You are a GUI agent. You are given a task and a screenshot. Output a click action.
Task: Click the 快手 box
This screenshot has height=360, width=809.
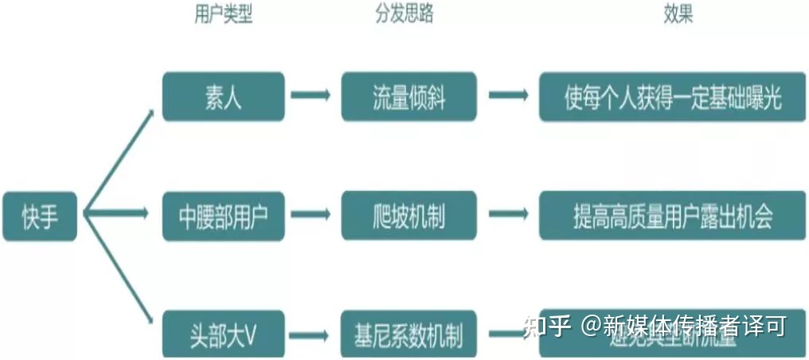click(40, 216)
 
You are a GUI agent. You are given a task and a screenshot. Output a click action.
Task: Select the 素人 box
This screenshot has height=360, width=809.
click(223, 97)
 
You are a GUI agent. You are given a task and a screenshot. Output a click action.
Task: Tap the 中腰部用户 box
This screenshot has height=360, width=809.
click(223, 216)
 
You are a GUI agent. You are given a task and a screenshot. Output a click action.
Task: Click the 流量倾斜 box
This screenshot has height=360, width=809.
click(409, 97)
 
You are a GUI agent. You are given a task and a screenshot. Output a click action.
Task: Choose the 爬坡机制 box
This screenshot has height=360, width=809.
click(409, 216)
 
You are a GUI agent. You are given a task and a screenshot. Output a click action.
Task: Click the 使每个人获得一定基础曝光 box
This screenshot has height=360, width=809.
click(672, 97)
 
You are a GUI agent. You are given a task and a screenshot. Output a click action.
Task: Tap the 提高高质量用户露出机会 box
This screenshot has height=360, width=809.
click(672, 216)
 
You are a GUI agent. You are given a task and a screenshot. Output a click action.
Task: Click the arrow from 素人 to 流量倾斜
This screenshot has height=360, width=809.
click(311, 96)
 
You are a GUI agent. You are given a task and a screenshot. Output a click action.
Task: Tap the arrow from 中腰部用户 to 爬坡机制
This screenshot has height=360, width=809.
click(311, 214)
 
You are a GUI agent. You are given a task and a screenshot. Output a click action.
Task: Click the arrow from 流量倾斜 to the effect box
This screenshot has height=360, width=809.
click(508, 96)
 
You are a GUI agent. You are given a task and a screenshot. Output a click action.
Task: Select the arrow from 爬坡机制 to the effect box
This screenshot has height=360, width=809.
click(508, 214)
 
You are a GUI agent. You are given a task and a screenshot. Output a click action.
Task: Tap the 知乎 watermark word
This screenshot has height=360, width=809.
click(547, 326)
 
